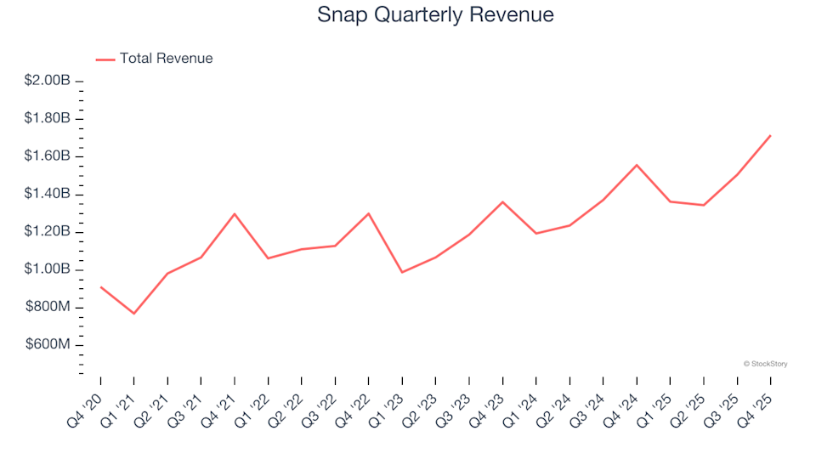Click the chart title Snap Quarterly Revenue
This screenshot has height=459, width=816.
click(435, 15)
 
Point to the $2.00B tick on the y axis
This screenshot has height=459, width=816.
click(48, 81)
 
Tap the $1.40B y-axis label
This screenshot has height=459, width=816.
click(48, 194)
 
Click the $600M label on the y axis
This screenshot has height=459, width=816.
click(49, 345)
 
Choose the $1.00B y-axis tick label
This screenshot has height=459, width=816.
click(48, 269)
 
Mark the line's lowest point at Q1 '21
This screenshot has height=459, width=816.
click(133, 314)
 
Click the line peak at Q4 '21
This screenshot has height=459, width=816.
click(235, 213)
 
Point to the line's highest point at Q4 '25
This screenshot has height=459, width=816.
click(770, 135)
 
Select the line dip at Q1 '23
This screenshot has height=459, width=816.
click(402, 272)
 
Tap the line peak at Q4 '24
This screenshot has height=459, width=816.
click(637, 165)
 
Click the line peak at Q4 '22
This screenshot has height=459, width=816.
click(368, 213)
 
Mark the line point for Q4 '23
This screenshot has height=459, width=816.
click(502, 201)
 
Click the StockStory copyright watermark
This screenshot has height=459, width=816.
click(765, 364)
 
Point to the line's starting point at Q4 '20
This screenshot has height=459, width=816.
click(100, 286)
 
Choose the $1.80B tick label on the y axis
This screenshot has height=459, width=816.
click(48, 118)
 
